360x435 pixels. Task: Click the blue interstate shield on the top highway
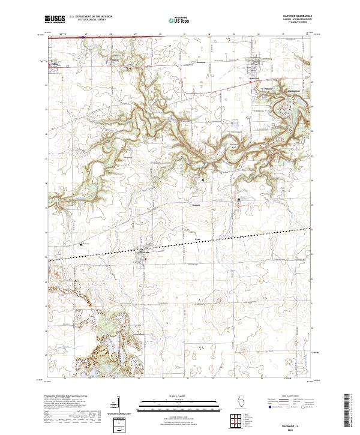(83, 36)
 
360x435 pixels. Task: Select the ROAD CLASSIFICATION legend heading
(292, 397)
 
